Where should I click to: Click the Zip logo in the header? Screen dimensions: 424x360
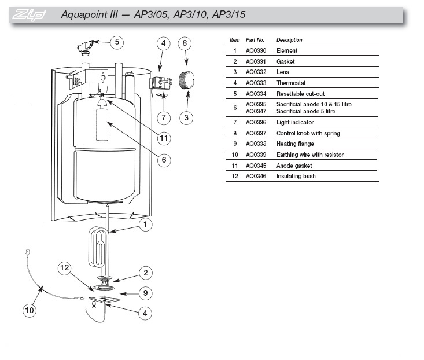(29, 15)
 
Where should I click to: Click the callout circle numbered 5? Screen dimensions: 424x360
(117, 42)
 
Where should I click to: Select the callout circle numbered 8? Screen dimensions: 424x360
(185, 43)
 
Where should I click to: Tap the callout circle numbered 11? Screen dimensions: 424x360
(164, 138)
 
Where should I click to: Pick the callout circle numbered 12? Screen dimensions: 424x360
(65, 268)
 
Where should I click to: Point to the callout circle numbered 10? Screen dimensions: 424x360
(30, 310)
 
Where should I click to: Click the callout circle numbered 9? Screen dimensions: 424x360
(146, 293)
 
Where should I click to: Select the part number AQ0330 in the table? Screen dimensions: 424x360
(256, 50)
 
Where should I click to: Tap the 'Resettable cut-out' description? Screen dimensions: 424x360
(300, 94)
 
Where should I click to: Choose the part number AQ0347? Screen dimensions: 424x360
(256, 112)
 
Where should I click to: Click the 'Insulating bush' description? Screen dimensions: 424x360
(296, 176)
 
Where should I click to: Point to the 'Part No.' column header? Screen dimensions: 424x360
(255, 40)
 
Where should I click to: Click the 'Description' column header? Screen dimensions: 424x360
(289, 40)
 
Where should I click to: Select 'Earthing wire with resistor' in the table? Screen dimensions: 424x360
(310, 155)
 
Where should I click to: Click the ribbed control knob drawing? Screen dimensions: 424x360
(186, 80)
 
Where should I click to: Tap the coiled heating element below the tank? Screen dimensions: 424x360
(99, 248)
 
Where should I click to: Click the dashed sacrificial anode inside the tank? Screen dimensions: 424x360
(102, 124)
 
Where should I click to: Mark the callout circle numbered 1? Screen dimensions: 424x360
(146, 225)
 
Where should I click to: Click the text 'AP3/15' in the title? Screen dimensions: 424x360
(228, 14)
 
